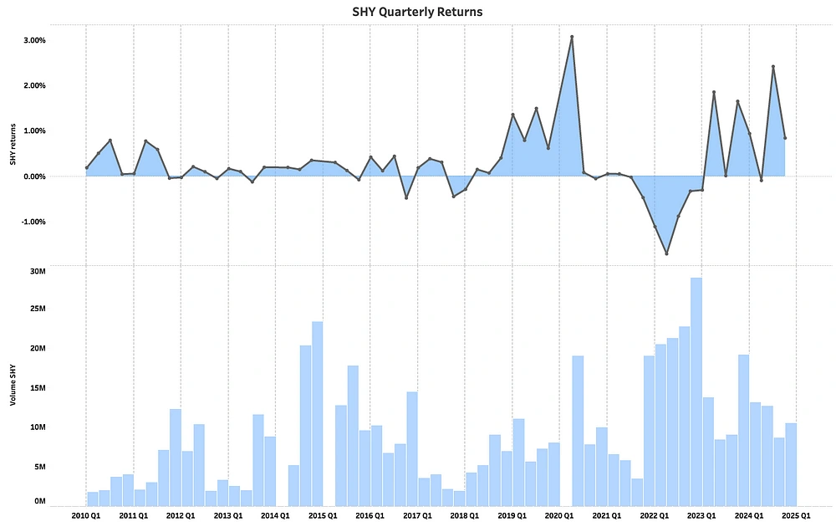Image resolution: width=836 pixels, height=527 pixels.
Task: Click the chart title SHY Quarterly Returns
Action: (417, 13)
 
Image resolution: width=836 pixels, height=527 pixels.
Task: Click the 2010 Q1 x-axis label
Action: (86, 516)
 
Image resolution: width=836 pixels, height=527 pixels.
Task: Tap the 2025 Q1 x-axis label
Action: (797, 516)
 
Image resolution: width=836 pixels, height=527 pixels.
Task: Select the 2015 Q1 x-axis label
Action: (324, 516)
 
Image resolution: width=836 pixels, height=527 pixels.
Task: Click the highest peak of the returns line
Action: (572, 37)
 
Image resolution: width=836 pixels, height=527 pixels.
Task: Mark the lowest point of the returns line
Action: (666, 253)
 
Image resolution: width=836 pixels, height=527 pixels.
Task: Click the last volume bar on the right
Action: (791, 463)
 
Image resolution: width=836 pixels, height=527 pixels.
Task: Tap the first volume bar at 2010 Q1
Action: (93, 499)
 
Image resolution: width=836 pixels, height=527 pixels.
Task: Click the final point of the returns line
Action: (785, 138)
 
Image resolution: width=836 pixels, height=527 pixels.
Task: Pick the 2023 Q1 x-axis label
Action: (702, 516)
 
